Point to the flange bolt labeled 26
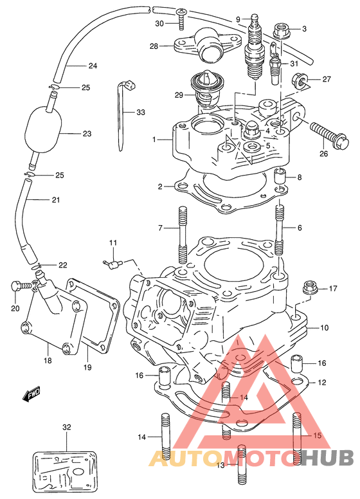pos(330,135)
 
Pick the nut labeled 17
pos(309,286)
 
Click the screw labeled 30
pos(181,20)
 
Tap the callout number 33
pos(141,113)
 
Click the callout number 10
pos(325,327)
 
